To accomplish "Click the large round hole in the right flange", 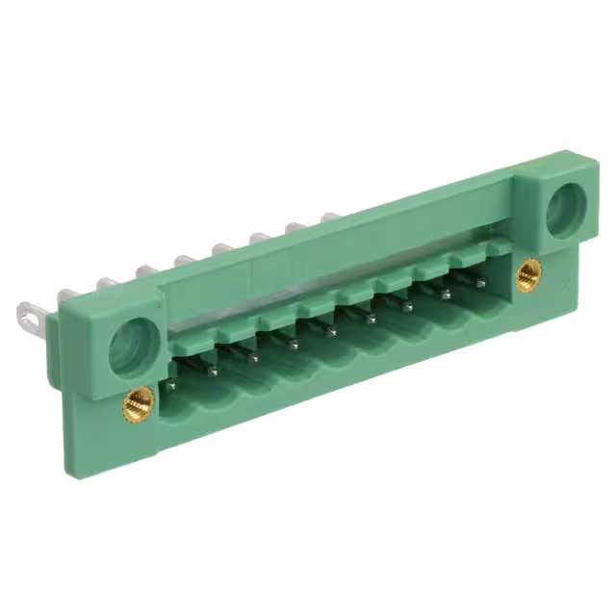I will pos(565,209).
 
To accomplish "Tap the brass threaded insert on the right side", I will pos(527,274).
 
